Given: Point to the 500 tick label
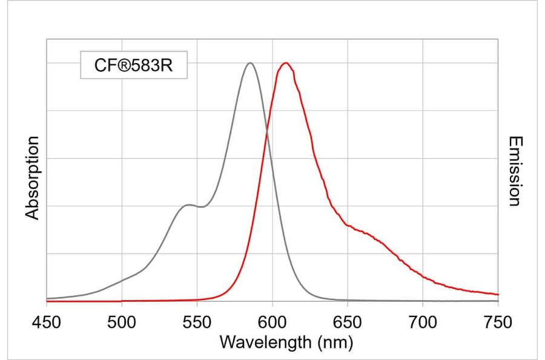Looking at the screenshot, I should (122, 322).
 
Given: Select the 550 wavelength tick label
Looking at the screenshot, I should (197, 322).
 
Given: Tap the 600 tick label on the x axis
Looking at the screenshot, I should (272, 322).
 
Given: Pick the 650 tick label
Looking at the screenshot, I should (348, 322).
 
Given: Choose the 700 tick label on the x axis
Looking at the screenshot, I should (423, 322).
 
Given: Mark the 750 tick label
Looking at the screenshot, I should (498, 322).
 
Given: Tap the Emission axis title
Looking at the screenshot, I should (514, 172).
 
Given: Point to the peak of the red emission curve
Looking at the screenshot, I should (286, 63).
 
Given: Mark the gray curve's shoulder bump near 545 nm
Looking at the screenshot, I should (190, 205).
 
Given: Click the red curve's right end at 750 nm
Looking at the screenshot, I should (498, 295).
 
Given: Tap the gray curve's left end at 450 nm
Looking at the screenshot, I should (47, 298).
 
